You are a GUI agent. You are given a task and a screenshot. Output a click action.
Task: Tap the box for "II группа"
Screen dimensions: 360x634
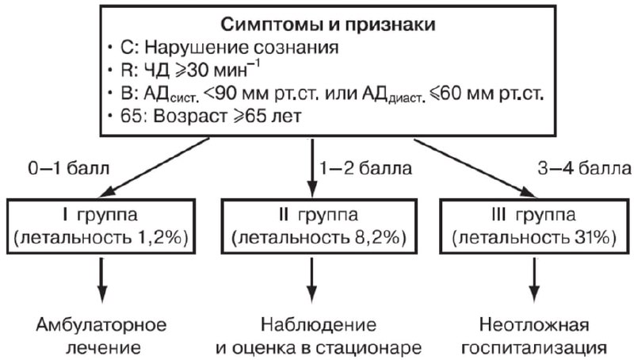click(x=317, y=227)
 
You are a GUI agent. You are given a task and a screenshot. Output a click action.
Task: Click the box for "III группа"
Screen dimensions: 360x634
click(x=532, y=227)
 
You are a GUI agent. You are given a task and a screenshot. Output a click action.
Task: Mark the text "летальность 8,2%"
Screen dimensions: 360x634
click(x=317, y=239)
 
